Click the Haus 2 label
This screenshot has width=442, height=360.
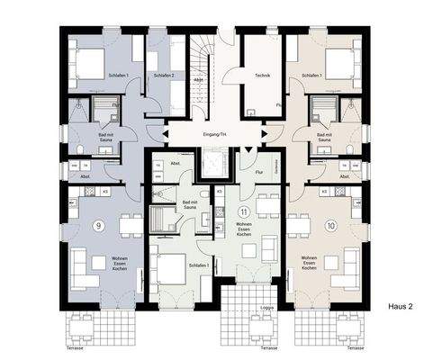pos(400,306)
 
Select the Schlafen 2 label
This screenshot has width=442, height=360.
pos(162,76)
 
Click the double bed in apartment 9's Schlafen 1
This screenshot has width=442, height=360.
pos(90,62)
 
